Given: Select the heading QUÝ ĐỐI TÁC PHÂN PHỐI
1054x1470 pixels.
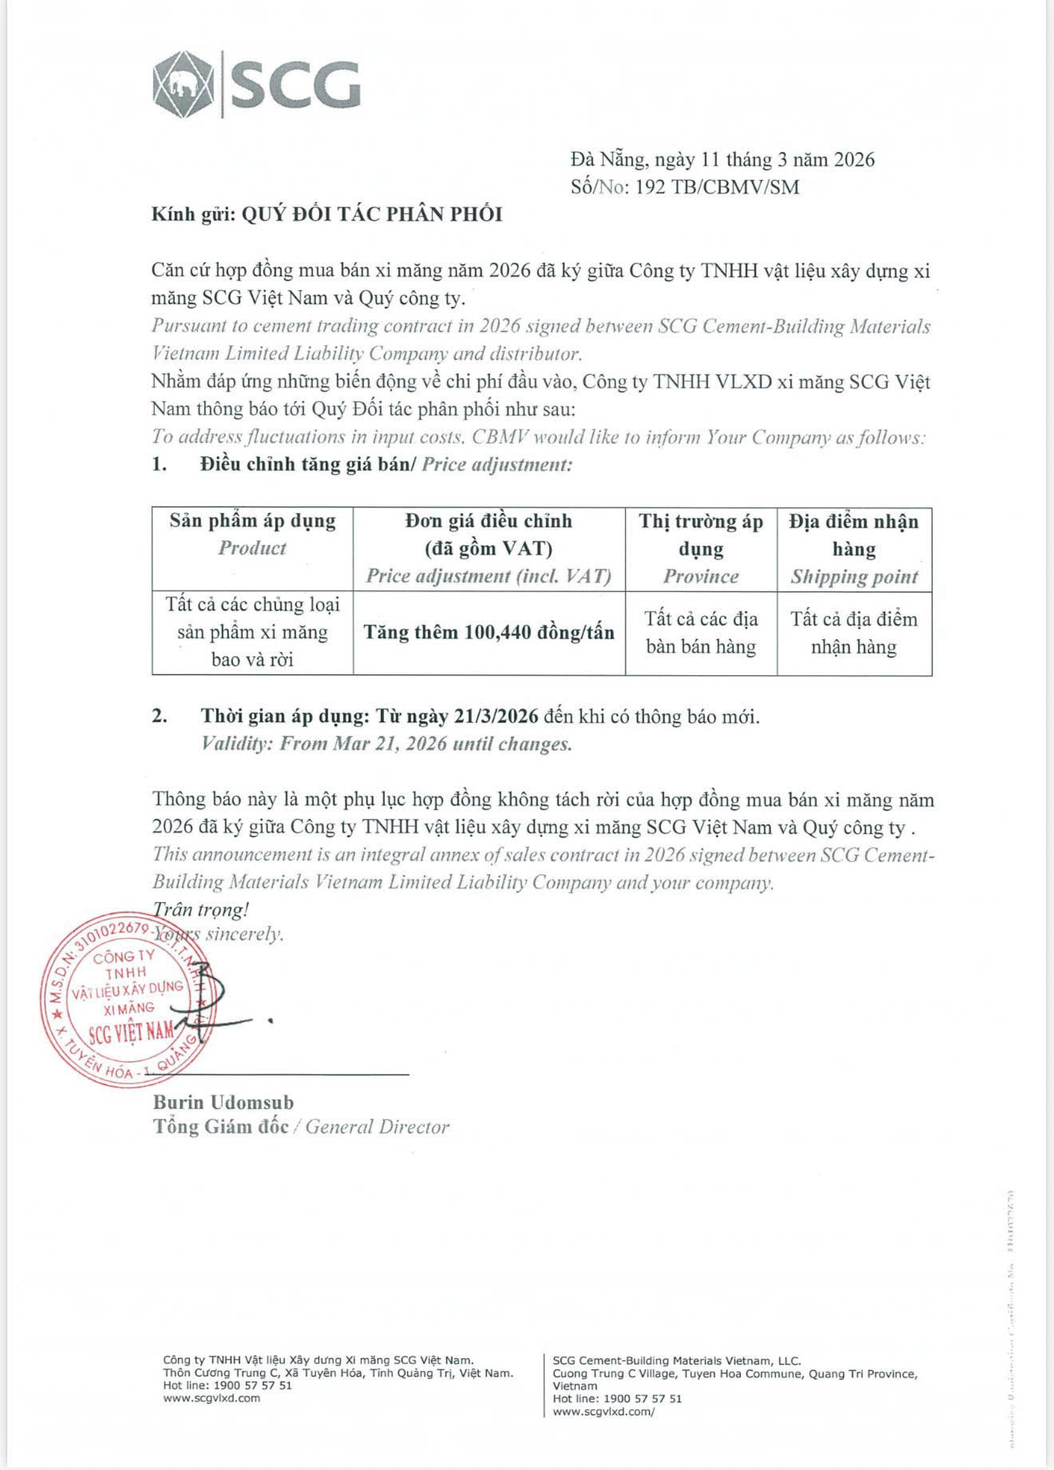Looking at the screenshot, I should [x=371, y=214].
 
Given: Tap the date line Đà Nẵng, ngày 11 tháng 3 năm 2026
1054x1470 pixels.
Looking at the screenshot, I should [x=723, y=160].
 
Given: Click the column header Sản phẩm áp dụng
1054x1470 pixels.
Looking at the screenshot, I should [x=252, y=521].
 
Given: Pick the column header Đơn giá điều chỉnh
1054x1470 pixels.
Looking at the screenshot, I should [x=489, y=521].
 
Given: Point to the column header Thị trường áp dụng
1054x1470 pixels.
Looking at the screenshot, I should [x=700, y=534].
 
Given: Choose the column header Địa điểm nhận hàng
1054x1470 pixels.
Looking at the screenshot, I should [x=854, y=534].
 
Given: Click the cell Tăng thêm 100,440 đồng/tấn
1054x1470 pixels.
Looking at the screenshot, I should [x=489, y=633].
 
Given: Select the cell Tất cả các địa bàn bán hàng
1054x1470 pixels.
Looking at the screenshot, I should [x=700, y=633].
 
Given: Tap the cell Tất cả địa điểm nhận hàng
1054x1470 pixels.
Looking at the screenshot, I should [x=854, y=633].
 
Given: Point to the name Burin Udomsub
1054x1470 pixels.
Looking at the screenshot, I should [x=224, y=1102].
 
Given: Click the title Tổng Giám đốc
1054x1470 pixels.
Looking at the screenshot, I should [x=221, y=1127].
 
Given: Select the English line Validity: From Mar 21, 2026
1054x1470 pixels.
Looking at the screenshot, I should [x=386, y=744].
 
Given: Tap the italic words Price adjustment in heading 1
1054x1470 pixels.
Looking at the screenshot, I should [x=497, y=464].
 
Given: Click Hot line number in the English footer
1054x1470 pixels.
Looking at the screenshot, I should [x=643, y=1399].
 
